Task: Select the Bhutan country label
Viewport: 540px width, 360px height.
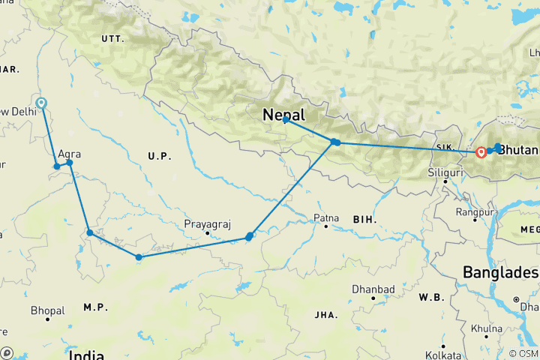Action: click(519, 149)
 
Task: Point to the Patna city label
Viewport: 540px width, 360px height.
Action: click(326, 218)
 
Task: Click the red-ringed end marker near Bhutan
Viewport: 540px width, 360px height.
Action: click(481, 152)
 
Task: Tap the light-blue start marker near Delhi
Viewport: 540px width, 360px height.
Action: click(41, 103)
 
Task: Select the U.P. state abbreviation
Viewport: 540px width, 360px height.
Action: click(160, 156)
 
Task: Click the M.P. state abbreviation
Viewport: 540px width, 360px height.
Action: click(95, 307)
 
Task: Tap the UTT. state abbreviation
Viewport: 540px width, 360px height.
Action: click(112, 37)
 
